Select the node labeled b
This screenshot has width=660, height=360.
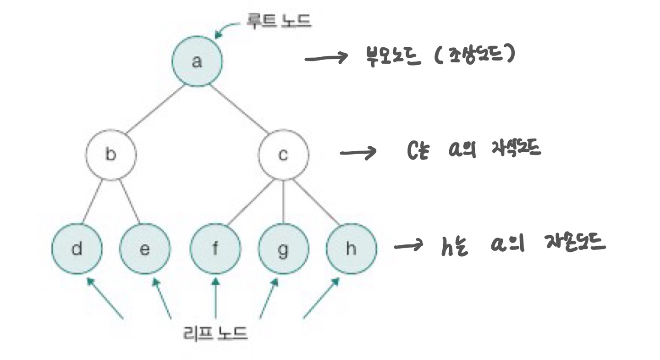pyautogui.click(x=111, y=155)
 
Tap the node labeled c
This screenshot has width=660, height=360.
pyautogui.click(x=283, y=155)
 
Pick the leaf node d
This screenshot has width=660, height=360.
pyautogui.click(x=77, y=249)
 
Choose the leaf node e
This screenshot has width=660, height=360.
pyautogui.click(x=145, y=249)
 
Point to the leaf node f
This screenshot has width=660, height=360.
pyautogui.click(x=215, y=249)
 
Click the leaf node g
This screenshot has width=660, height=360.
pyautogui.click(x=283, y=249)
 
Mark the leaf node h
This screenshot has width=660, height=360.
pyautogui.click(x=351, y=249)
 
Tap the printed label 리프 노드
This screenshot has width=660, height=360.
pyautogui.click(x=215, y=333)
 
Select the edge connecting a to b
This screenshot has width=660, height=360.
pyautogui.click(x=154, y=109)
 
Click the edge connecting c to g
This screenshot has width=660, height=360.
pyautogui.click(x=283, y=202)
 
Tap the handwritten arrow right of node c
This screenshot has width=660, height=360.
pyautogui.click(x=357, y=153)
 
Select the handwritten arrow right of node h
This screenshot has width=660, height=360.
pyautogui.click(x=409, y=246)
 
